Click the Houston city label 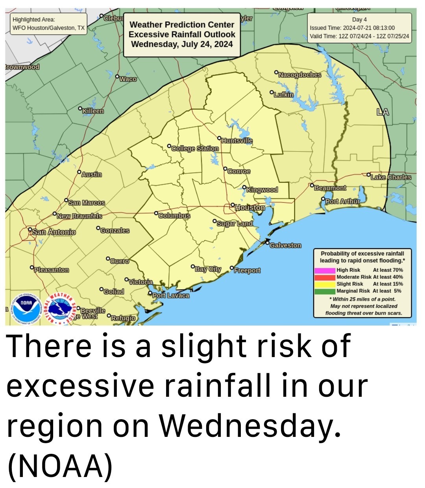click(250, 208)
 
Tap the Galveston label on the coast click(285, 245)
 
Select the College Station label click(195, 149)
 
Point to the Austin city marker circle click(79, 172)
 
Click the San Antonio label click(54, 232)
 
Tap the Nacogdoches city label click(299, 75)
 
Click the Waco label click(128, 79)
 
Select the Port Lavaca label click(171, 295)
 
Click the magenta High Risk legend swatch click(325, 270)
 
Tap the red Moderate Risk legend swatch click(325, 277)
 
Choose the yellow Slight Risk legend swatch click(325, 284)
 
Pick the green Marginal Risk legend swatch click(325, 291)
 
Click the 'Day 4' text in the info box click(359, 20)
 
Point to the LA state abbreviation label click(382, 112)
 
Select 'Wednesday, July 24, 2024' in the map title click(182, 44)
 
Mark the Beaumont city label click(330, 188)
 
